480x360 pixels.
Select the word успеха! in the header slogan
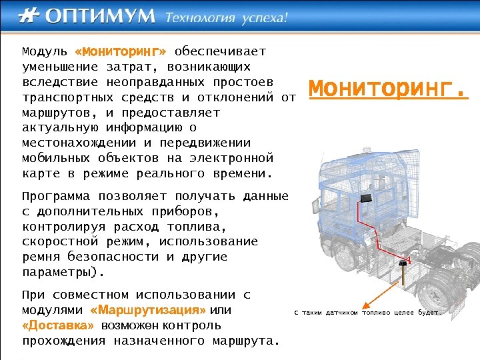pyautogui.click(x=265, y=17)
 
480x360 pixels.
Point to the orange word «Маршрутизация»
pyautogui.click(x=147, y=311)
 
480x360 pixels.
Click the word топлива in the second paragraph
pyautogui.click(x=194, y=227)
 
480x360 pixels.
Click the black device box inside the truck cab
pyautogui.click(x=365, y=198)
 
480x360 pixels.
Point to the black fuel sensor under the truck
pyautogui.click(x=402, y=265)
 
